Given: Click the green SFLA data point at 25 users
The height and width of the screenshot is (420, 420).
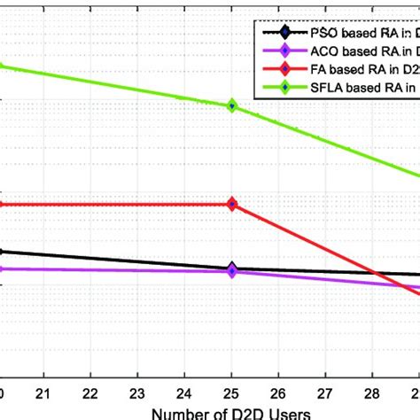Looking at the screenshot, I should (x=232, y=105).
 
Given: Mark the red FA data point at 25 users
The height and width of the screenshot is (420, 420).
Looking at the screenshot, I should (x=232, y=205).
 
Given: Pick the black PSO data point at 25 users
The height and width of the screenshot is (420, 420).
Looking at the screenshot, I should (x=232, y=268).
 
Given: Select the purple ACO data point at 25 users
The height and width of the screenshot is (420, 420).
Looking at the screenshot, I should (x=232, y=272).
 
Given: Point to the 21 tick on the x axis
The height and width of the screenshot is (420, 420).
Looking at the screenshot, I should (x=45, y=392).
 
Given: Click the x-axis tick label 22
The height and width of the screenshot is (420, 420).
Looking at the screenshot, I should (x=91, y=392).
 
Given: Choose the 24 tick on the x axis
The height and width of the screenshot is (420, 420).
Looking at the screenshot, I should (x=185, y=392).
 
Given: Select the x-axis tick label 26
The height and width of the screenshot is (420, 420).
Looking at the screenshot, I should (x=279, y=392).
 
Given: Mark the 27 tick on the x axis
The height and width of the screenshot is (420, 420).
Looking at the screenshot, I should (x=325, y=392).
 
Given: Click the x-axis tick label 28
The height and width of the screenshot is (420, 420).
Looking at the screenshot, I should (x=372, y=392).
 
